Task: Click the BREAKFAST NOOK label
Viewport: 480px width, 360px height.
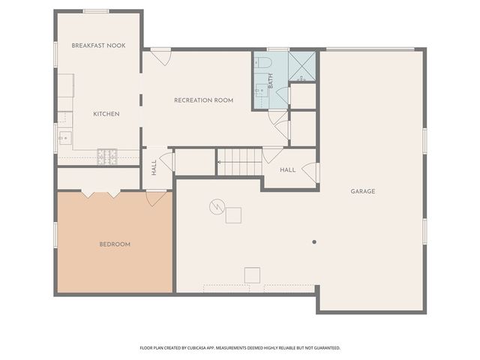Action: coord(98,46)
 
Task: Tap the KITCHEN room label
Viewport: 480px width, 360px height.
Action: coord(106,114)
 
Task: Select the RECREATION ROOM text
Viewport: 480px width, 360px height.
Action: coord(203,100)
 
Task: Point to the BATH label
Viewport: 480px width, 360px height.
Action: coord(271,78)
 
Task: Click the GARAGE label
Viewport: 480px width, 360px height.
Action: coord(363,191)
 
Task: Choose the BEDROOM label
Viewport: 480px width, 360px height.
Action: coord(115,244)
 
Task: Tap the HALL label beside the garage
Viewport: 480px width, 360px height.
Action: coord(287,170)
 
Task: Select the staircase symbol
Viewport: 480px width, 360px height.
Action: coord(240,161)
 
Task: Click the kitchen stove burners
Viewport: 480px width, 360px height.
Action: coord(107,156)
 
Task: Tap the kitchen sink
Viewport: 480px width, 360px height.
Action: coord(64,137)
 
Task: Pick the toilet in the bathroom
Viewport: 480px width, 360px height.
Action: coord(263,62)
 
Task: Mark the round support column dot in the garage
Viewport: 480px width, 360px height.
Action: coord(314,241)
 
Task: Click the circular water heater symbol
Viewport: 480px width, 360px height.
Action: coord(217,205)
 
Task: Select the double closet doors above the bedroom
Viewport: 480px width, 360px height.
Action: coord(100,193)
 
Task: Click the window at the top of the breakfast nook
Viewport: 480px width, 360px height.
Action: coord(96,11)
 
